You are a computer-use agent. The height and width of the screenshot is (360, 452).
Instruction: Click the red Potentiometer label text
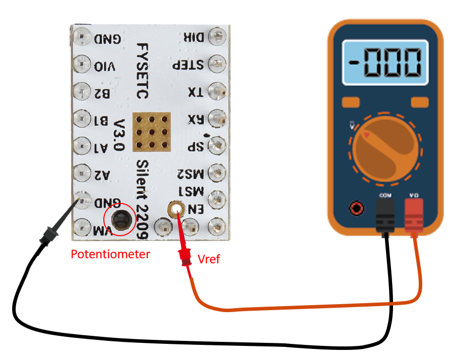(110, 254)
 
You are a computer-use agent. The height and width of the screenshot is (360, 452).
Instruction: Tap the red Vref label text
(209, 260)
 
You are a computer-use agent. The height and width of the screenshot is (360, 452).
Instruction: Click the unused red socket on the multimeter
(357, 207)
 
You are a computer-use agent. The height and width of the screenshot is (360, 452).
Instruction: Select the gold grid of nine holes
(152, 132)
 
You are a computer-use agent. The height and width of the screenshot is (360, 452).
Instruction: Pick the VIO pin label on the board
(104, 66)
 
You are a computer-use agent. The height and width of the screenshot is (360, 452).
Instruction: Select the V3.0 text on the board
(119, 136)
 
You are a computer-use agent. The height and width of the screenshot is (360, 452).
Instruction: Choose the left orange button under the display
(351, 103)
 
